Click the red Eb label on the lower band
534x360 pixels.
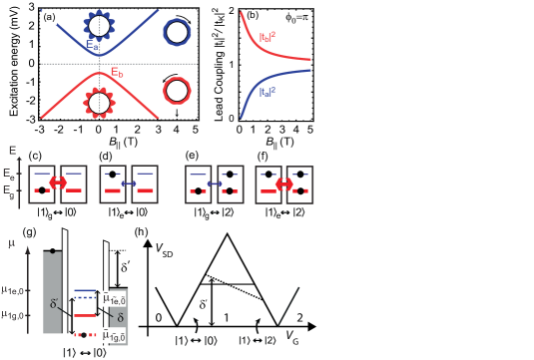point(117,73)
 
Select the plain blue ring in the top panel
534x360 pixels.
point(176,32)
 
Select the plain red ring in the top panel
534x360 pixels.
point(176,92)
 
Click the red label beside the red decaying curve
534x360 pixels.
point(267,38)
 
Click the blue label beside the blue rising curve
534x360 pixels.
point(267,92)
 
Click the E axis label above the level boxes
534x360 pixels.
point(13,151)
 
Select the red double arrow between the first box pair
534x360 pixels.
point(58,183)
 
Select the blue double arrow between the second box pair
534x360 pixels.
point(129,183)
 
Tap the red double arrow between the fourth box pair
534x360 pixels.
point(284,183)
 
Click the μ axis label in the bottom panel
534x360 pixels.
point(13,242)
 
